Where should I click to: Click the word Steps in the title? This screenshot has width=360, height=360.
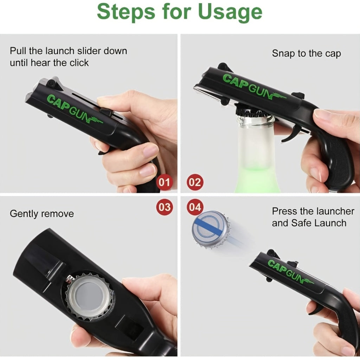126,12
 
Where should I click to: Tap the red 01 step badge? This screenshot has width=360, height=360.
164,182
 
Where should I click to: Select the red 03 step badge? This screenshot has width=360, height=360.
164,207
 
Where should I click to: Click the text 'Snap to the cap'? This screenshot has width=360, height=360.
306,54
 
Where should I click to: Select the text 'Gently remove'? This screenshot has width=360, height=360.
42,214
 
